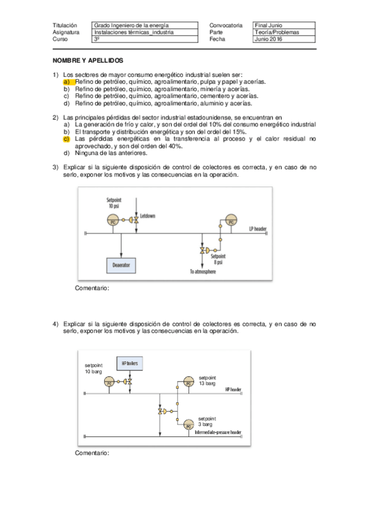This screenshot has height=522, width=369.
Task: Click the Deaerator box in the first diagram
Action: click(121, 265)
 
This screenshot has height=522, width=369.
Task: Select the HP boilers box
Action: click(129, 363)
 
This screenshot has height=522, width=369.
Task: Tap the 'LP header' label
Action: click(258, 228)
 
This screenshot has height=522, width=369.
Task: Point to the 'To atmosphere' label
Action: click(203, 271)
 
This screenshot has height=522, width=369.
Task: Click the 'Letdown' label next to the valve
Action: click(148, 216)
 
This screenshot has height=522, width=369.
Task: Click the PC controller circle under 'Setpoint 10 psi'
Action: click(112, 220)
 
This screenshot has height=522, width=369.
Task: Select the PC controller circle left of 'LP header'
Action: click(230, 221)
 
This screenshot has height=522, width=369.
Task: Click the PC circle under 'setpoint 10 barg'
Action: click(110, 382)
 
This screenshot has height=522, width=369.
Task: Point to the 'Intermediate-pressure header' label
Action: click(217, 432)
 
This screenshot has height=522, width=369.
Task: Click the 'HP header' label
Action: click(233, 389)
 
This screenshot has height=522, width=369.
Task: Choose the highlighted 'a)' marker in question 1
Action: click(68, 81)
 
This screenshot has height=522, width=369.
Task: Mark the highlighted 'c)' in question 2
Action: click(67, 139)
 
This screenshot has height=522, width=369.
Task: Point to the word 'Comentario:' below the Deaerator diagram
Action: click(92, 287)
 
